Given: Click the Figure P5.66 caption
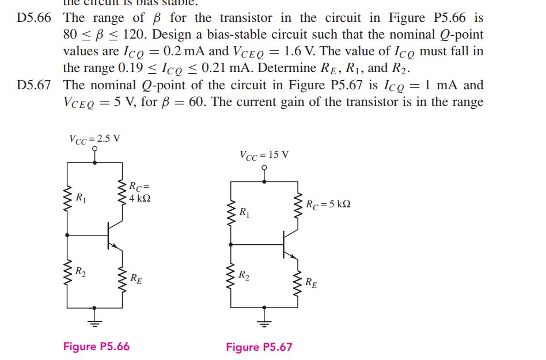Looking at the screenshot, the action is [x=96, y=346].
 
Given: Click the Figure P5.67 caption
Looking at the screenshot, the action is [x=259, y=347].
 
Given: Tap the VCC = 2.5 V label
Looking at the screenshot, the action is [x=94, y=138].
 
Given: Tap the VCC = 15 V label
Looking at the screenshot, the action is [x=264, y=154].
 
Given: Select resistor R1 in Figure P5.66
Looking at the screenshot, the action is [x=68, y=197].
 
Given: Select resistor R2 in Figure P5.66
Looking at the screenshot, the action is [x=68, y=271].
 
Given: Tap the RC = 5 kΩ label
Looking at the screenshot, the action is [x=328, y=204].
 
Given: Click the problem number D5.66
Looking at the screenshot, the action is [x=34, y=18].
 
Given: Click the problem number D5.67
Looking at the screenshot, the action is [x=34, y=85].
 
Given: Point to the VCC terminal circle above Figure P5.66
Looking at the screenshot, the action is [x=95, y=149].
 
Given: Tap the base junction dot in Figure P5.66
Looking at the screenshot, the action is [x=68, y=235].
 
